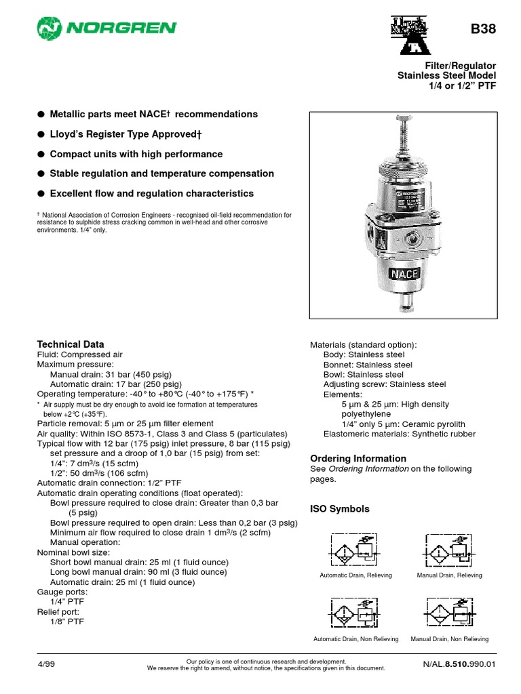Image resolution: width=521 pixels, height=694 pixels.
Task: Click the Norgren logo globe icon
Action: click(x=48, y=28)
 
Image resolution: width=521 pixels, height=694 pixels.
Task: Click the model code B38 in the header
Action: click(x=484, y=29)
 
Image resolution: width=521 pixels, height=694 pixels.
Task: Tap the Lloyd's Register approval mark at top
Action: click(x=412, y=35)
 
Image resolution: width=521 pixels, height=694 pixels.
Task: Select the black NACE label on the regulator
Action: click(x=404, y=274)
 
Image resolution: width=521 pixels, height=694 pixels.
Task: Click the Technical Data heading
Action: click(x=70, y=344)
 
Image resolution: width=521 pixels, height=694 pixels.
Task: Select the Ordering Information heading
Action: click(x=358, y=458)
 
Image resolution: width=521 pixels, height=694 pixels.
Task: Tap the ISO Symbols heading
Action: click(x=340, y=509)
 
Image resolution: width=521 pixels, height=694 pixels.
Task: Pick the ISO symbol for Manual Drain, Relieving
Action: click(x=449, y=550)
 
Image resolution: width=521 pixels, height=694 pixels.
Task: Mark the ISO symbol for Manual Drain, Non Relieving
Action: click(x=449, y=614)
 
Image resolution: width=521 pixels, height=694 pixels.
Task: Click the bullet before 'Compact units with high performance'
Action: click(x=41, y=154)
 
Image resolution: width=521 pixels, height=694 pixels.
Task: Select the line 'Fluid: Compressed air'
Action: click(x=79, y=354)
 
